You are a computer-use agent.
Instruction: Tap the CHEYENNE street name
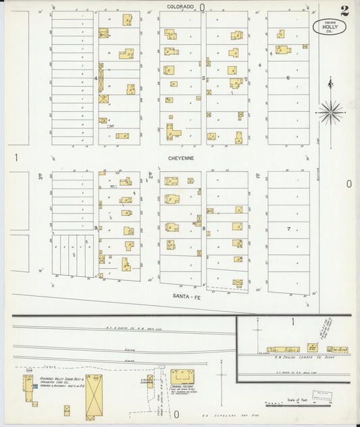[x=182, y=157]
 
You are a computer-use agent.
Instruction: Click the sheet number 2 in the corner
[x=344, y=10]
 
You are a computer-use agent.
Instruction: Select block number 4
[x=96, y=78]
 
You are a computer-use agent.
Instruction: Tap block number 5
[x=204, y=78]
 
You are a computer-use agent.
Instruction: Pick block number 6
[x=288, y=78]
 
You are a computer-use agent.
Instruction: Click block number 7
[x=288, y=229]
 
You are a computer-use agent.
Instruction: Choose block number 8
[x=204, y=229]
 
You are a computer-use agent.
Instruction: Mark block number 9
[x=96, y=228]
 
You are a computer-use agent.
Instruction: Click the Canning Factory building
[x=182, y=376]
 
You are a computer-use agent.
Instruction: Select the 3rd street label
[x=41, y=177]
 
